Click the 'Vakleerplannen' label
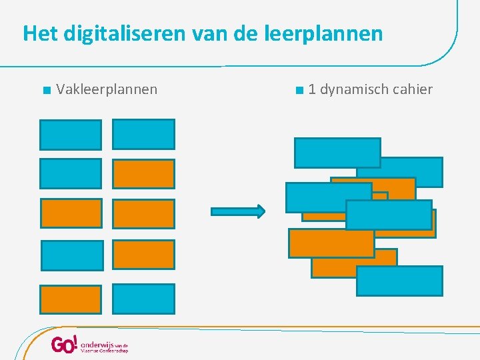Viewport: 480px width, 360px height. tap(107, 89)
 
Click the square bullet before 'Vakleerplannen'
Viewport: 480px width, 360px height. tap(44, 90)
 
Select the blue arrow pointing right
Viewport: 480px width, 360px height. tap(238, 211)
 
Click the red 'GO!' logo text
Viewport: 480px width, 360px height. tap(65, 345)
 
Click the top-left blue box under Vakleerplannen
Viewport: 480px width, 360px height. tap(71, 134)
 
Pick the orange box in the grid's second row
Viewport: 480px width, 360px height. tap(143, 174)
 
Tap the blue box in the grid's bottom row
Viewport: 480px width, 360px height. tap(143, 299)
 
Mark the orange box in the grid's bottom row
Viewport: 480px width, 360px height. tap(71, 299)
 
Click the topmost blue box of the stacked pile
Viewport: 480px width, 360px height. tap(337, 153)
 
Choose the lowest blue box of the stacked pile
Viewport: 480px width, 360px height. tap(399, 281)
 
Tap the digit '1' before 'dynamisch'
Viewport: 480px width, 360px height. tap(312, 89)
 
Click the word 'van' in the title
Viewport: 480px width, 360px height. tap(207, 33)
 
